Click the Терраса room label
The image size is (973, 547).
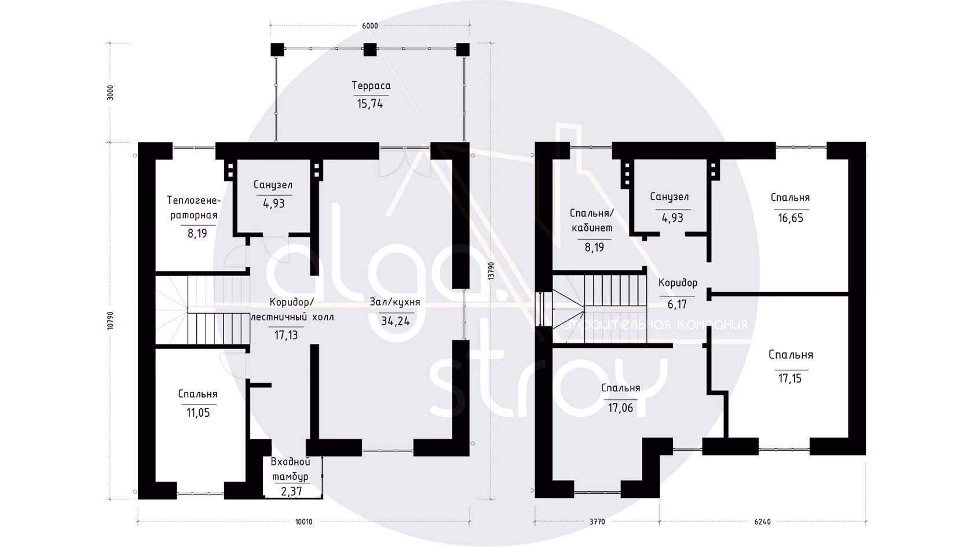371,86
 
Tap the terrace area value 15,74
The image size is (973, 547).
370,104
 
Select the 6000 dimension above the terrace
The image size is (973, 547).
370,26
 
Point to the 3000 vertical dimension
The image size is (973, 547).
110,93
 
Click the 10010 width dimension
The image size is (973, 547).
303,522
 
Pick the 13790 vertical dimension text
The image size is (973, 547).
491,270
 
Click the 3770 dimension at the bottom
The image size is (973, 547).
597,522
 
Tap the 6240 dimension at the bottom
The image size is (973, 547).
762,522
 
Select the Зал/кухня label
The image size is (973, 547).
395,302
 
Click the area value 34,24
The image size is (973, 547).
396,321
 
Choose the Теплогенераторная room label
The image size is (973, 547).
194,208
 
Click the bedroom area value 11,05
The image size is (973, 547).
198,413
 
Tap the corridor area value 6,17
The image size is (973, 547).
677,304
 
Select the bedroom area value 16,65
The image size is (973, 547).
791,218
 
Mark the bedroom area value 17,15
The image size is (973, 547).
790,379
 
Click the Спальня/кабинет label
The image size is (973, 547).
592,221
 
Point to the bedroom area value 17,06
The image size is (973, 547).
620,408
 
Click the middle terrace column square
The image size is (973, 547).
370,50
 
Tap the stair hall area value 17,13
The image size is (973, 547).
286,335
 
